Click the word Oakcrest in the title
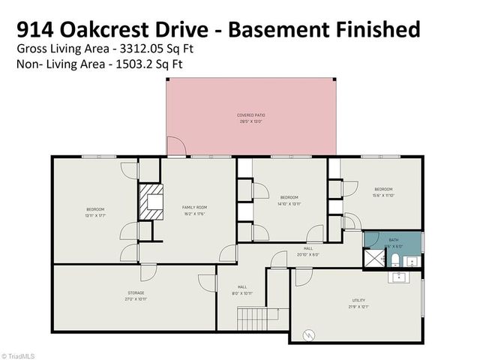[110, 29]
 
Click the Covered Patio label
[252, 115]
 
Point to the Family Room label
[193, 207]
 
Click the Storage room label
[136, 292]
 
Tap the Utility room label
[358, 300]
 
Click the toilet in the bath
[394, 260]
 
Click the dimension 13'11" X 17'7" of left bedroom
[95, 214]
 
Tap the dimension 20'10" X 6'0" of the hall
[308, 254]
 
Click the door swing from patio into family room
[174, 148]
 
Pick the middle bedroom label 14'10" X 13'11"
[289, 203]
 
